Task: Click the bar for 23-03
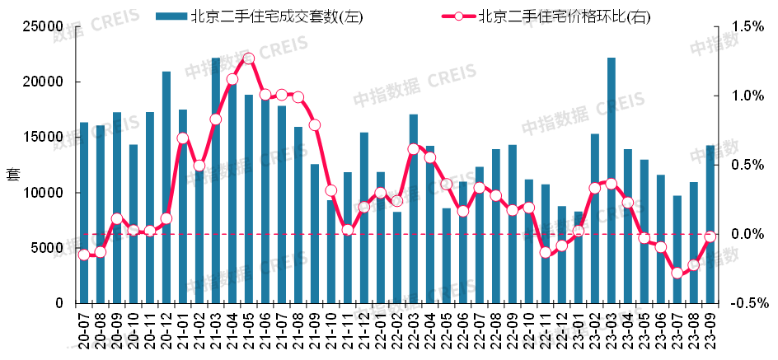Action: (612, 180)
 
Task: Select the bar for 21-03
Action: (216, 180)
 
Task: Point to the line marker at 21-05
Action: (249, 58)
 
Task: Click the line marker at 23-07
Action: (677, 273)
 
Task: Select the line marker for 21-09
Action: (315, 125)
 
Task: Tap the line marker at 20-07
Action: (84, 255)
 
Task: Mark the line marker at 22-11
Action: (546, 253)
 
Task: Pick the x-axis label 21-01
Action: (183, 330)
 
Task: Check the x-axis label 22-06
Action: (463, 330)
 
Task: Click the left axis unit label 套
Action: (12, 175)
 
